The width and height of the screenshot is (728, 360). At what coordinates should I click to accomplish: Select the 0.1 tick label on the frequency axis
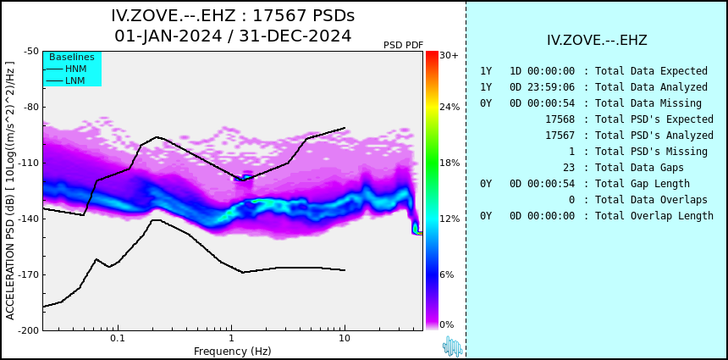(117, 339)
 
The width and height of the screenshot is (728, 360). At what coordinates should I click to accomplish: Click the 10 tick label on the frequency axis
(345, 339)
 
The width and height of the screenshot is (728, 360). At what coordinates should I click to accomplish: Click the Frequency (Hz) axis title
(233, 352)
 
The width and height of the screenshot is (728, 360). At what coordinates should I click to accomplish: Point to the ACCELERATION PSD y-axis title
(10, 191)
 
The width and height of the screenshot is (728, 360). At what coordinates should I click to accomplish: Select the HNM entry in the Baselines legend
(75, 69)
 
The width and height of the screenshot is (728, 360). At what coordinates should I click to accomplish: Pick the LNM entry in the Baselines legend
(75, 80)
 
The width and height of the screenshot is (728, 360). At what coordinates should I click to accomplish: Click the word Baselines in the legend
(72, 58)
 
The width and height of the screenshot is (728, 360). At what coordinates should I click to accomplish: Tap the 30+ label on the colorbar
(449, 56)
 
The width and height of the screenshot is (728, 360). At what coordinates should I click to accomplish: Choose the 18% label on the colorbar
(449, 163)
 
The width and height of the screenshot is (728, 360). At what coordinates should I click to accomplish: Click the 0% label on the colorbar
(447, 324)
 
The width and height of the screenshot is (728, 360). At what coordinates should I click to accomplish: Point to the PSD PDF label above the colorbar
(403, 45)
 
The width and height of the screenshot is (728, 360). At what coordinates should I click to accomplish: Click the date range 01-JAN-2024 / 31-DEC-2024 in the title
(233, 36)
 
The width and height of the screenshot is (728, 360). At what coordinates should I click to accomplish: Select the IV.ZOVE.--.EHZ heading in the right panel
(597, 40)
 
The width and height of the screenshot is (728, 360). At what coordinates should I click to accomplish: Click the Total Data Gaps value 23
(568, 168)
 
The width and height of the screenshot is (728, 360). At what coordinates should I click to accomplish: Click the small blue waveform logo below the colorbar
(452, 346)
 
